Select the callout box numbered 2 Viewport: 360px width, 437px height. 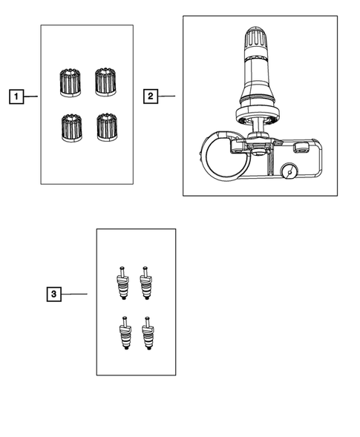click(x=150, y=96)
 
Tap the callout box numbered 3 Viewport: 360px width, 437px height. click(x=53, y=295)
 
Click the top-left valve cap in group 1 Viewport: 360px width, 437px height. click(x=69, y=82)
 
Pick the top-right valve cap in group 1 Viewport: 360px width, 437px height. click(x=105, y=82)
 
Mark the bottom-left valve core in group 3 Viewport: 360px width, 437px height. click(x=124, y=333)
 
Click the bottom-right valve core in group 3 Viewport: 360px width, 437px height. click(x=148, y=333)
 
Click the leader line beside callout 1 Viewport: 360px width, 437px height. click(x=30, y=96)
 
